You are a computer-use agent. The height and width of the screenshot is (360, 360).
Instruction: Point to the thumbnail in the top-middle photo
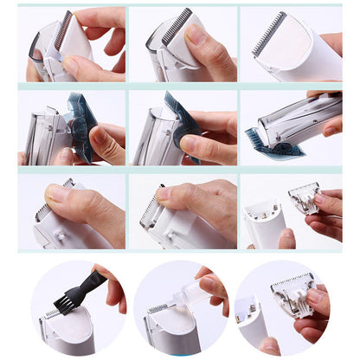(197, 35)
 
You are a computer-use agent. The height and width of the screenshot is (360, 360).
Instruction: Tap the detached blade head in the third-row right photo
(305, 198)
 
